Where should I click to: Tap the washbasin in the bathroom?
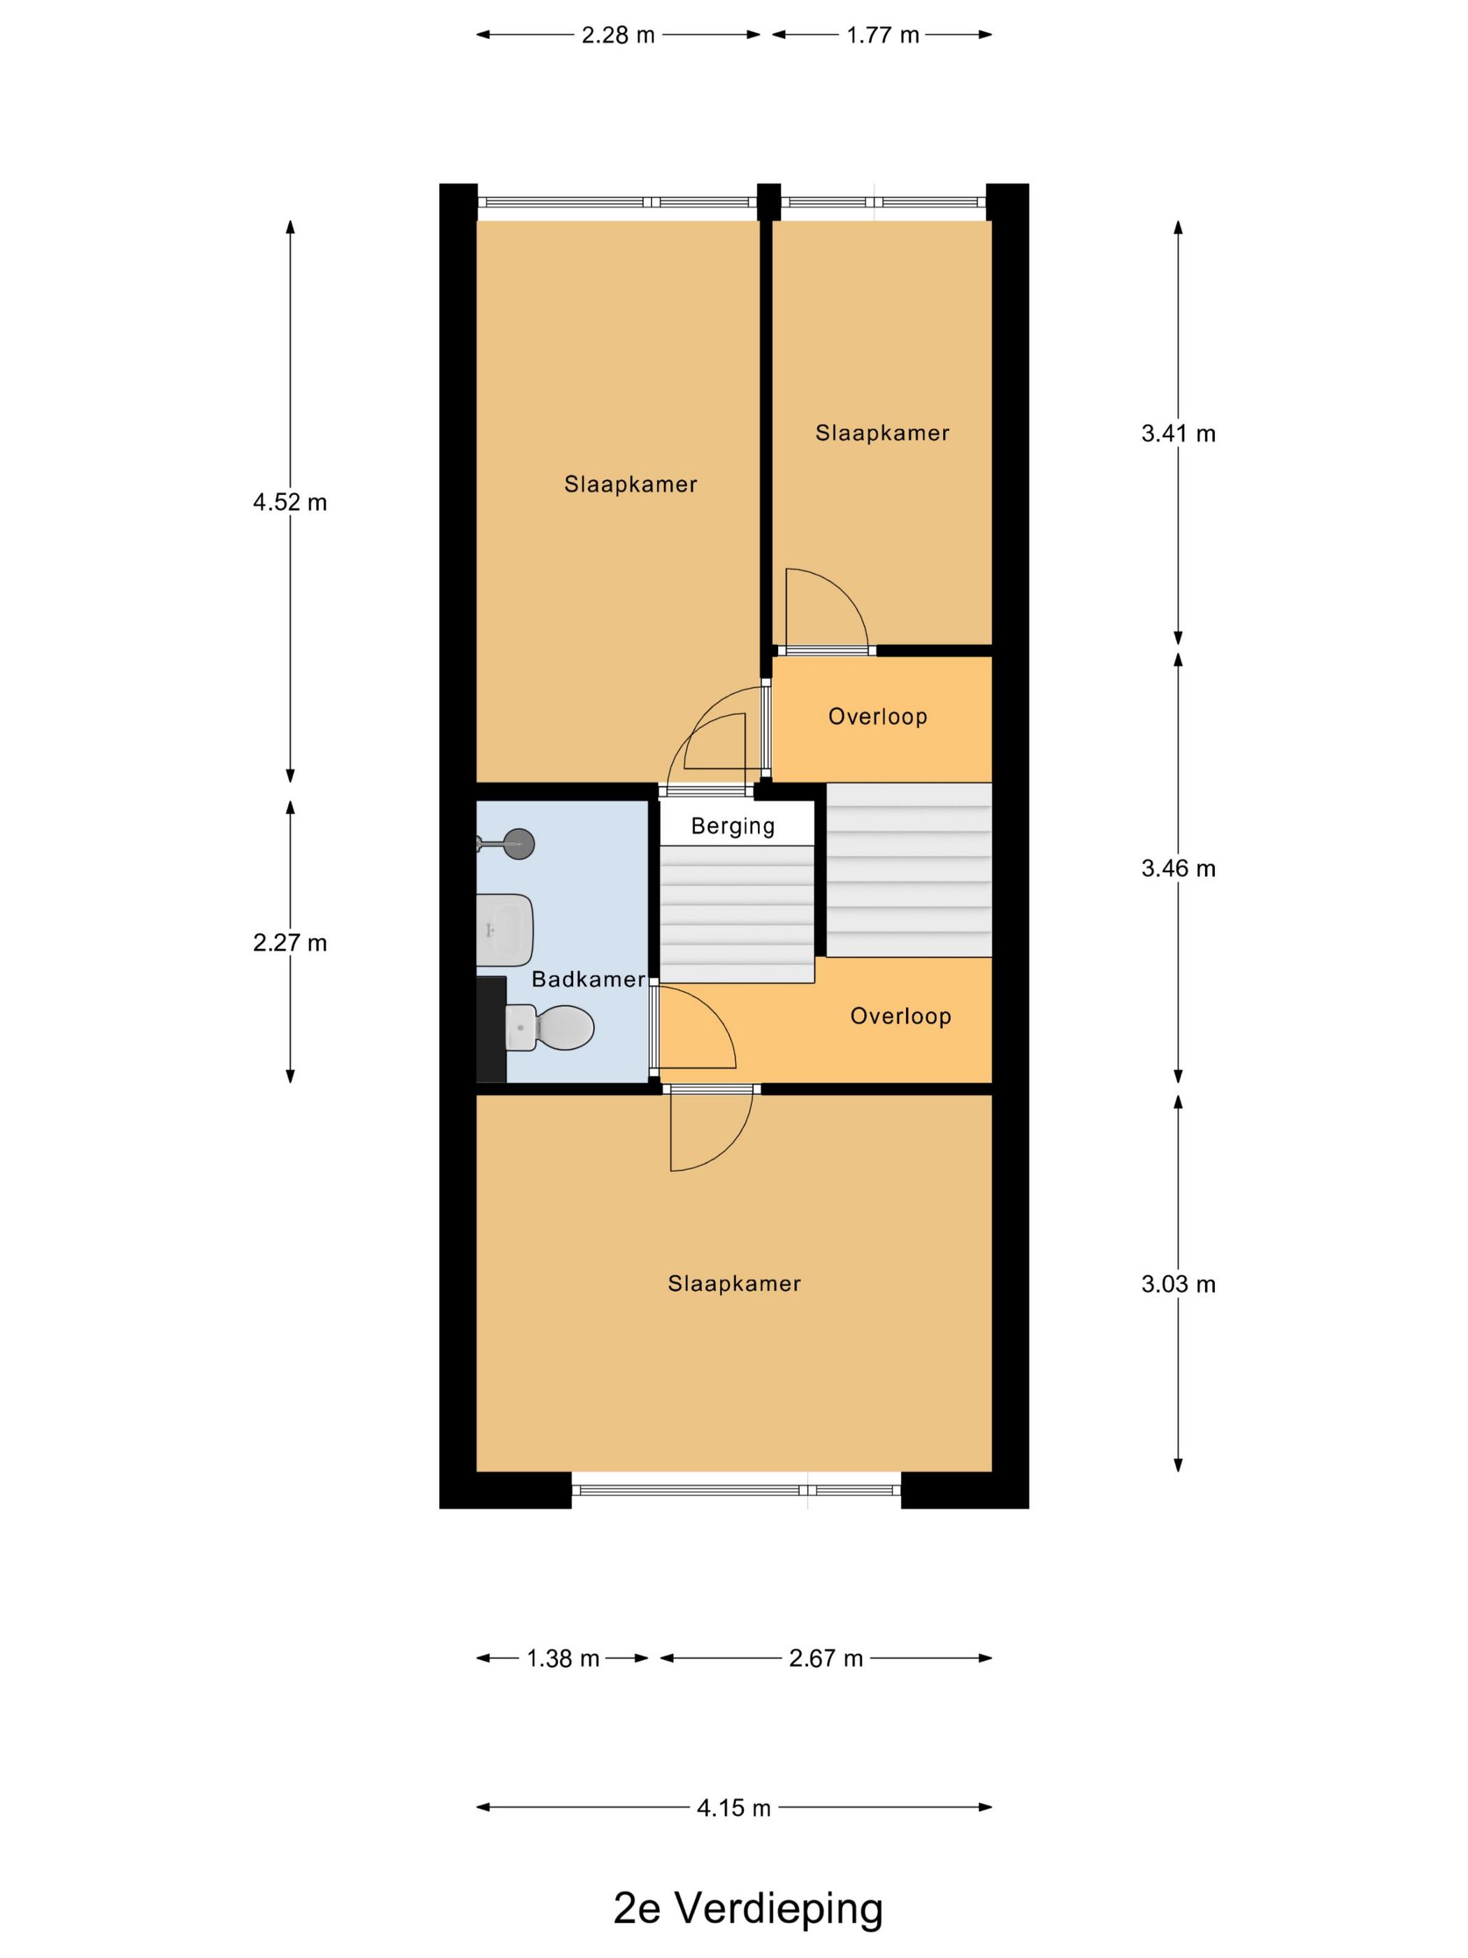click(x=503, y=929)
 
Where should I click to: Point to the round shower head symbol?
click(x=518, y=843)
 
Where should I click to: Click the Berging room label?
click(x=733, y=826)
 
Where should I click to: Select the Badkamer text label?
click(x=589, y=979)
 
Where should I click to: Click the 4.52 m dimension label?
click(x=290, y=502)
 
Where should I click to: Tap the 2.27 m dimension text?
click(x=290, y=943)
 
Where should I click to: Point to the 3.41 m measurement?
click(x=1178, y=433)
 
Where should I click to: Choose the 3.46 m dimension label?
click(x=1178, y=869)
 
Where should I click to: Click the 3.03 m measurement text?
click(x=1178, y=1285)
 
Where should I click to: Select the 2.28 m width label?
click(x=618, y=34)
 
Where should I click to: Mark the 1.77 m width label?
click(x=882, y=34)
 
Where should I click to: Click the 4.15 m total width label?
click(x=733, y=1808)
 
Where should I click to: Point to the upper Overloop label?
click(x=877, y=716)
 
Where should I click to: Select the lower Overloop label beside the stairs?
click(x=900, y=1015)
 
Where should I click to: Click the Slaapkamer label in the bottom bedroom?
click(x=733, y=1283)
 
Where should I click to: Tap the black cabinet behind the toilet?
click(x=491, y=1029)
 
